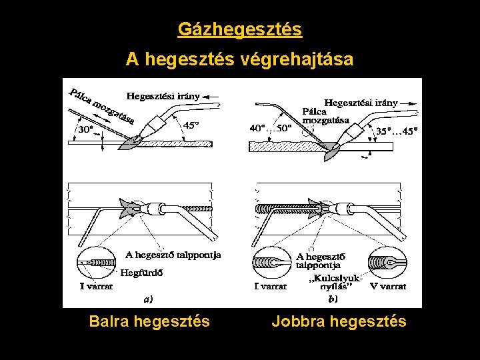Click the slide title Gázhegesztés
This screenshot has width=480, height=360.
pos(240,29)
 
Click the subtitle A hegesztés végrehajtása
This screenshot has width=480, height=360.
pos(240,60)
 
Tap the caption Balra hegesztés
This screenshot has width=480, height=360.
pos(149,322)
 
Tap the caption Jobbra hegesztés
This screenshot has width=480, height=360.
pos(339,322)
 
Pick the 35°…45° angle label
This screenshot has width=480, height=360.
pos(397,131)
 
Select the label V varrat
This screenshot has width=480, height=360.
pos(388,287)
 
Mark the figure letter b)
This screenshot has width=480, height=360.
pos(331,299)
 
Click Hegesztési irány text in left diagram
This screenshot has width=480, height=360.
pos(163,96)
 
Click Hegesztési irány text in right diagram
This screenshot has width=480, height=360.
pos(361,103)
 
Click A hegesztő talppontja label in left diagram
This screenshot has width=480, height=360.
pos(174,255)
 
